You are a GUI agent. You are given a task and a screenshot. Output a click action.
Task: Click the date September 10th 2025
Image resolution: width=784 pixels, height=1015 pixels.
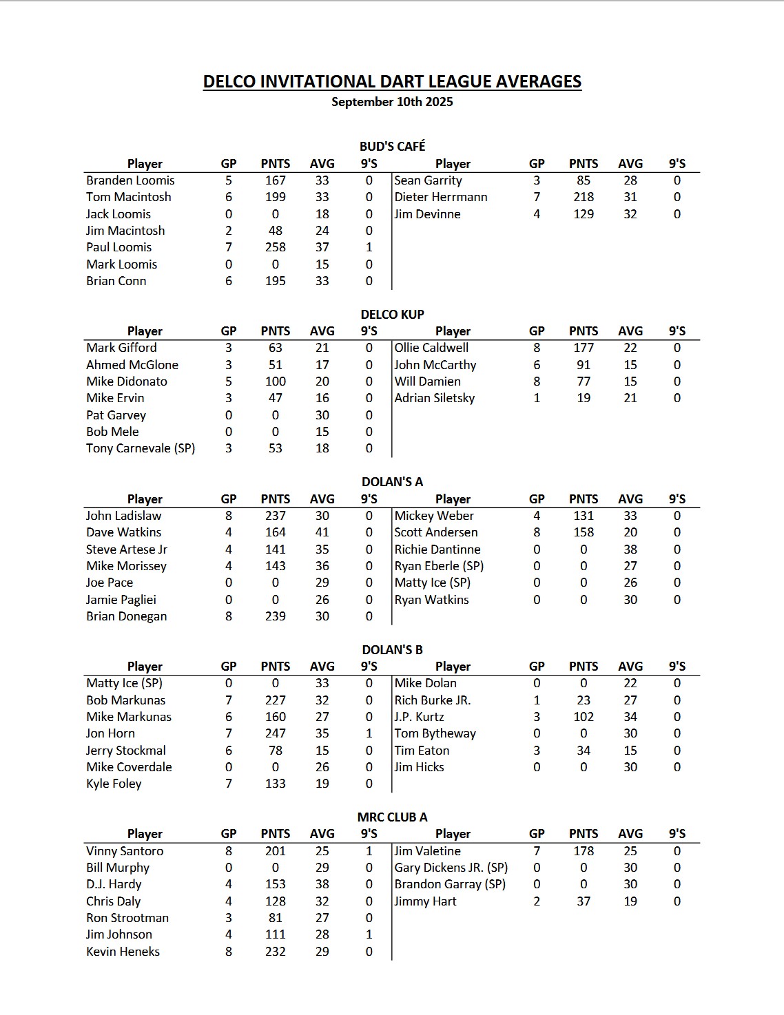[x=392, y=102]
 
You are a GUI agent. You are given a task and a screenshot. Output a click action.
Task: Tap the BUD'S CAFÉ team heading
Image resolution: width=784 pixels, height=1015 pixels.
[x=392, y=146]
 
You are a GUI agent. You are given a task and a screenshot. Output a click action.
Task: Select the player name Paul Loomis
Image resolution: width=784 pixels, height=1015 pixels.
[x=118, y=247]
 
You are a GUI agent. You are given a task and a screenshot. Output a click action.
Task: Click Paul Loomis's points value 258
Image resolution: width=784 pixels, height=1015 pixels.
[x=275, y=247]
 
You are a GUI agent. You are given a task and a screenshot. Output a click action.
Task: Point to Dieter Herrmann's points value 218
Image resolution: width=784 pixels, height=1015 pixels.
[x=583, y=197]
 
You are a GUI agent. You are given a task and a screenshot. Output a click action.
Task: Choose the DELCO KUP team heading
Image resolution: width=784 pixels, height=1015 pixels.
[x=392, y=314]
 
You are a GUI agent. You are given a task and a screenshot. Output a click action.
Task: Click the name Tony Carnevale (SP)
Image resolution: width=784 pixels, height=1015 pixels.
[x=141, y=448]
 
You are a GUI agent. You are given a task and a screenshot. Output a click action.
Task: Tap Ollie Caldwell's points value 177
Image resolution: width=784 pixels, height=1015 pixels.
[x=583, y=348]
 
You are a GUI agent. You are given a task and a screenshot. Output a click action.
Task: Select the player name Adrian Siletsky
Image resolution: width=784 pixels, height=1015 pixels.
[x=434, y=398]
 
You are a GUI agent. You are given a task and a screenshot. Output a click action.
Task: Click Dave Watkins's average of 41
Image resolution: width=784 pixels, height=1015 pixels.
[x=322, y=532]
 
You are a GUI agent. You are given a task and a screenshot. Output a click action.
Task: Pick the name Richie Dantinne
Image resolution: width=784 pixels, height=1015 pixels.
[x=437, y=550]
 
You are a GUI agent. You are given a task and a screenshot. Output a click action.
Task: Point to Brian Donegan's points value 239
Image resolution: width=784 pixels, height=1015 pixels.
[x=275, y=616]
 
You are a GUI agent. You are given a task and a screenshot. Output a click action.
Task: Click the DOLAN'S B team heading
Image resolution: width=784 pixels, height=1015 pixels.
[x=392, y=649]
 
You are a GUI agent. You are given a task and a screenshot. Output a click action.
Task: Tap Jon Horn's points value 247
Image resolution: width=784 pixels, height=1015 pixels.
[x=275, y=733]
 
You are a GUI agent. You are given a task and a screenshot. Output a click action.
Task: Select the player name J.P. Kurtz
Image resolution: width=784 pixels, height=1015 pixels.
[x=419, y=717]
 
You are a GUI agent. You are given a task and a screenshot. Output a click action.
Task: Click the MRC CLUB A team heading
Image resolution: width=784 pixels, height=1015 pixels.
[x=392, y=817]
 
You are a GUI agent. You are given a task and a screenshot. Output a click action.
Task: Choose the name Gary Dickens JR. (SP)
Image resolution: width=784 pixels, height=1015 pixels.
[x=451, y=868]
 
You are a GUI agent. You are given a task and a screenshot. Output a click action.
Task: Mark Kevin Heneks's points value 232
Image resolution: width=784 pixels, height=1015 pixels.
[x=275, y=952]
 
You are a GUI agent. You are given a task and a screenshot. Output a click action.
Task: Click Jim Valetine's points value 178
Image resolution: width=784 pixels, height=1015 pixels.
[x=583, y=851]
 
